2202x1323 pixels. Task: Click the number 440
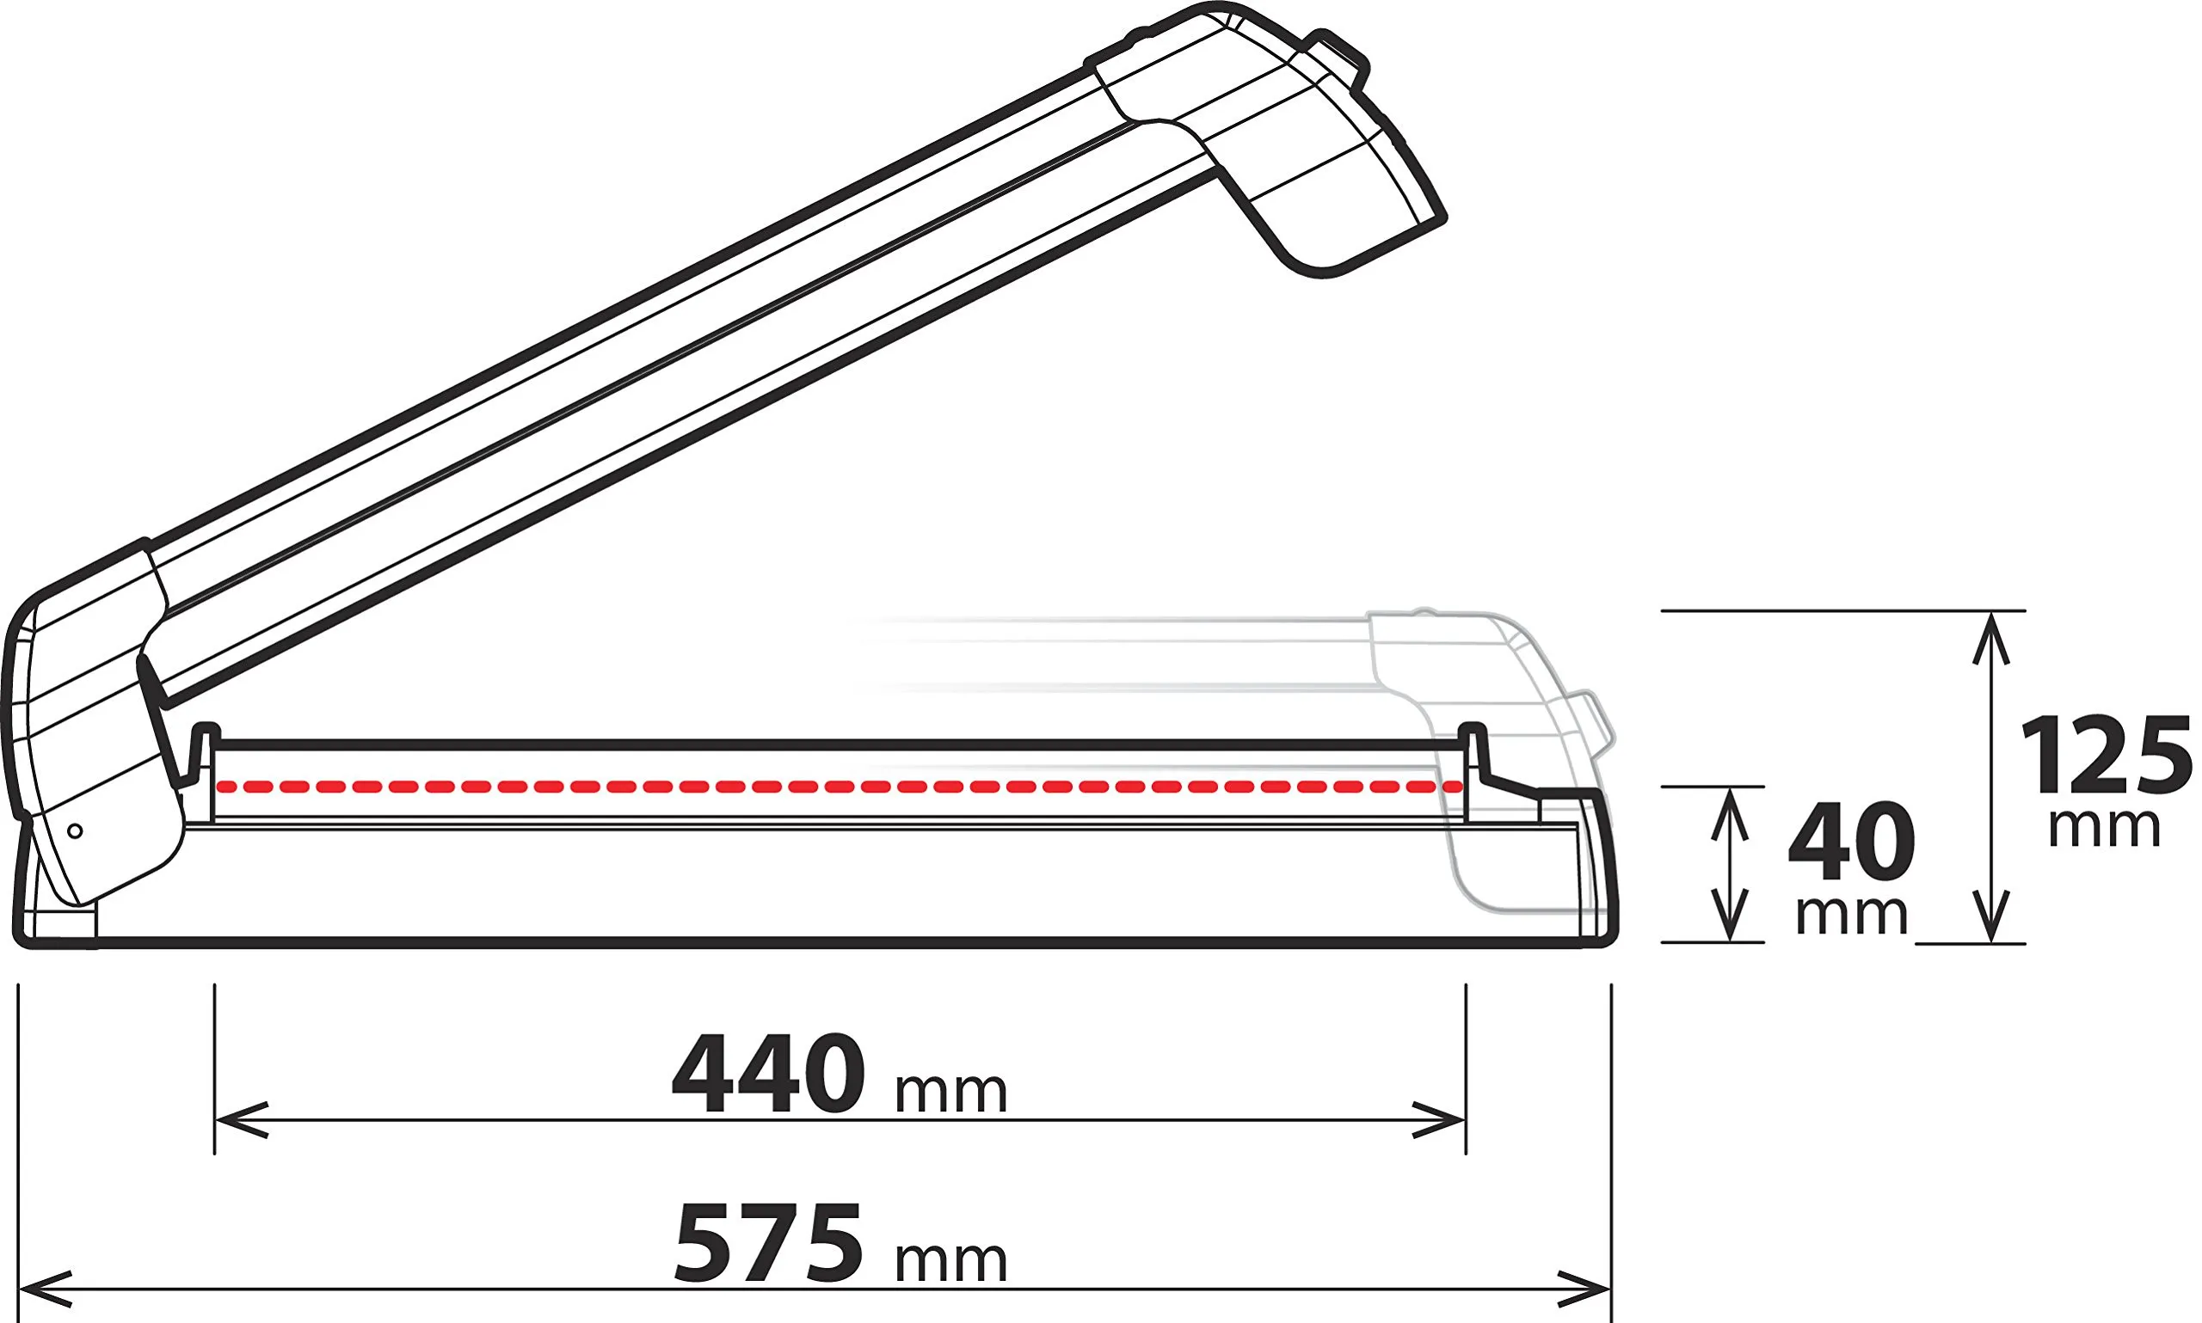pyautogui.click(x=768, y=1074)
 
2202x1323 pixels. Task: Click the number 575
pyautogui.click(x=768, y=1243)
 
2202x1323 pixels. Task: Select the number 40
pyautogui.click(x=1852, y=842)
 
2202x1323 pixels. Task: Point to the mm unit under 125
pyautogui.click(x=2104, y=827)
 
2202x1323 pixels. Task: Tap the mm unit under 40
pyautogui.click(x=1852, y=915)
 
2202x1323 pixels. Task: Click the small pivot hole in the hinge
pyautogui.click(x=76, y=831)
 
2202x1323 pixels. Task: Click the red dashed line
pyautogui.click(x=839, y=787)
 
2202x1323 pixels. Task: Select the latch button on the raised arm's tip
pyautogui.click(x=1338, y=58)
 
